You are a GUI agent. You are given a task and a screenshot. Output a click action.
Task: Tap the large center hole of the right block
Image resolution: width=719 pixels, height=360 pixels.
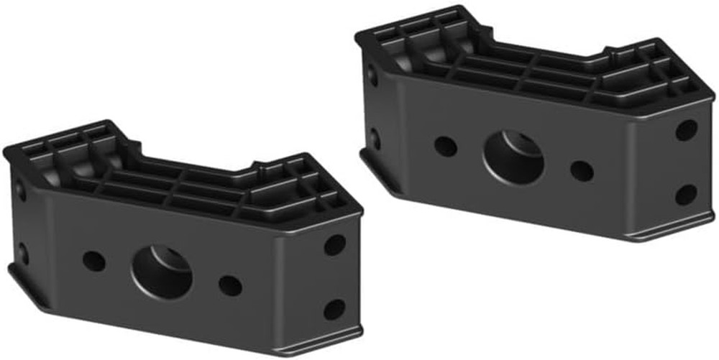click(513, 157)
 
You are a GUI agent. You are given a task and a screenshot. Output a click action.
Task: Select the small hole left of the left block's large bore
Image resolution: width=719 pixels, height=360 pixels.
click(93, 261)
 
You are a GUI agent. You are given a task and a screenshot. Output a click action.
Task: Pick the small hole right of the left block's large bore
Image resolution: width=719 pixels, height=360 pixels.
click(230, 286)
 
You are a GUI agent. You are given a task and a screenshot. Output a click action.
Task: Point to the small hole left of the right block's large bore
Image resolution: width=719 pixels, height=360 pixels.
click(446, 147)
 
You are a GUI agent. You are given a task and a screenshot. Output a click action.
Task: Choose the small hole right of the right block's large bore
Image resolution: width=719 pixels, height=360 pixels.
click(582, 171)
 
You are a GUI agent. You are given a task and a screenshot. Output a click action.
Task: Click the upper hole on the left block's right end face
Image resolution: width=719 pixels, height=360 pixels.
click(334, 245)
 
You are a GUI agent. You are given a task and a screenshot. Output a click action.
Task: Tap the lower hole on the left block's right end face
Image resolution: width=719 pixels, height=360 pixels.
click(334, 310)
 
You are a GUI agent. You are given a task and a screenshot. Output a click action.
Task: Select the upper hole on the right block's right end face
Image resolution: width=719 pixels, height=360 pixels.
click(686, 130)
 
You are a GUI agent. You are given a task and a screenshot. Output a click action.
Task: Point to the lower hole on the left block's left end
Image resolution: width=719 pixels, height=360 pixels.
click(22, 252)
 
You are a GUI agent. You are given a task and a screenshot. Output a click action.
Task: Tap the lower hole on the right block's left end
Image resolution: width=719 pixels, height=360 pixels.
click(375, 137)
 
